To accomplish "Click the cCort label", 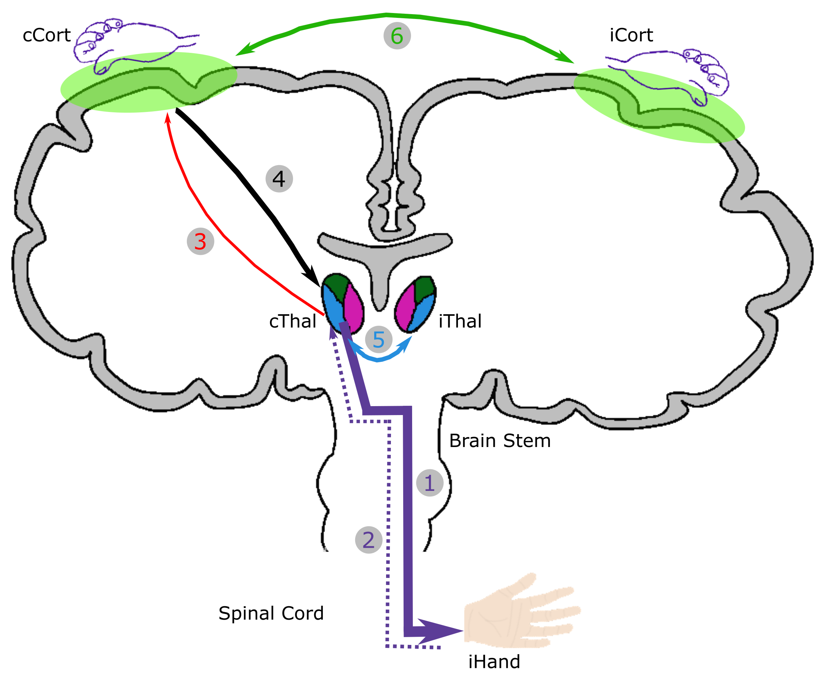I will pyautogui.click(x=47, y=36).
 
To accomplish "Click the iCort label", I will pyautogui.click(x=631, y=36).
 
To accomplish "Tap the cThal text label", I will pyautogui.click(x=293, y=321).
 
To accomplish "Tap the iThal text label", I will pyautogui.click(x=460, y=321).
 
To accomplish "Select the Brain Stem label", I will pyautogui.click(x=500, y=441).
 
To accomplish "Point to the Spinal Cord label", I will pyautogui.click(x=271, y=614).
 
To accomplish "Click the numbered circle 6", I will pyautogui.click(x=397, y=36).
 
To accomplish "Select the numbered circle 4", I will pyautogui.click(x=279, y=179).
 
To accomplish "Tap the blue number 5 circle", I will pyautogui.click(x=379, y=340).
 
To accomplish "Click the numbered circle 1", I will pyautogui.click(x=429, y=483).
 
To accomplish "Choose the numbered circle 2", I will pyautogui.click(x=368, y=540).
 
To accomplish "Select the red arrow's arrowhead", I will pyautogui.click(x=168, y=117).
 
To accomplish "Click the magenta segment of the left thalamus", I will pyautogui.click(x=354, y=309).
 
